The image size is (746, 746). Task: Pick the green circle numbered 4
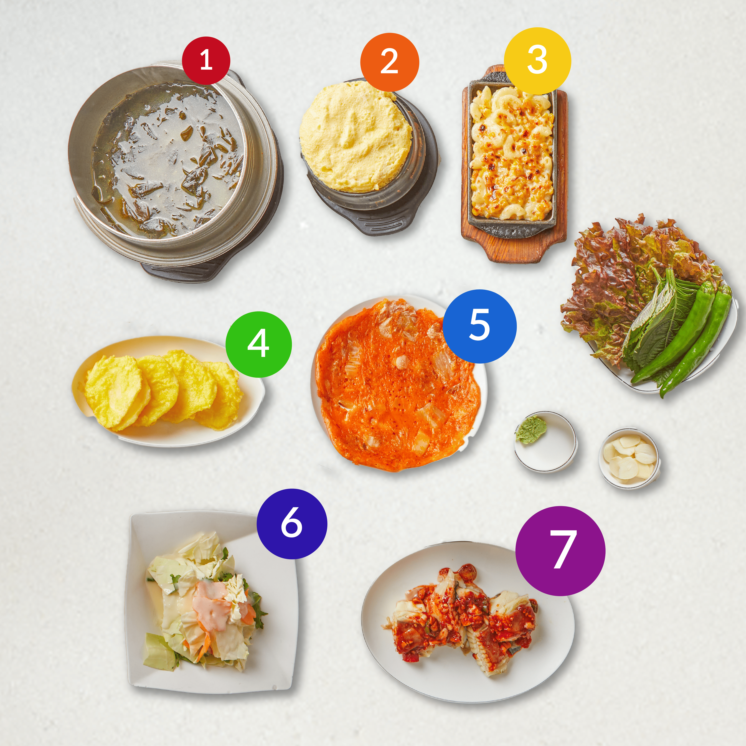click(x=258, y=344)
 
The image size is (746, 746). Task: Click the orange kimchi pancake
click(x=398, y=384)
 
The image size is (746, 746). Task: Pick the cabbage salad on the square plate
click(x=205, y=600)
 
